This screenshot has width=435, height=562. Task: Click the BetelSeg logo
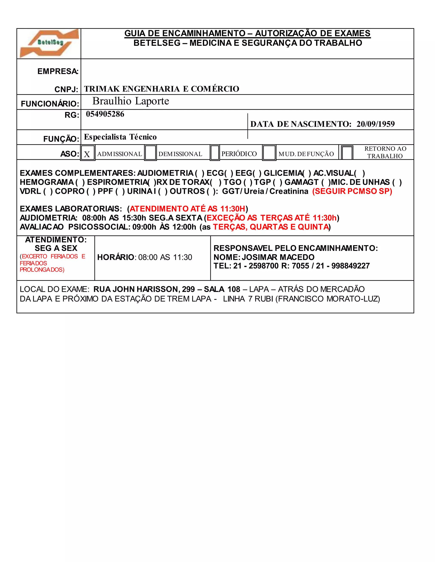(x=49, y=43)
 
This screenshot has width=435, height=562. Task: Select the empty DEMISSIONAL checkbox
(x=151, y=153)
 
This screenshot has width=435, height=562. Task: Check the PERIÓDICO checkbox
(x=215, y=153)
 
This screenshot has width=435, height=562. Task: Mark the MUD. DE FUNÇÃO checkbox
(x=269, y=153)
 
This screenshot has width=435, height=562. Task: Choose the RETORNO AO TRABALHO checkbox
(x=347, y=153)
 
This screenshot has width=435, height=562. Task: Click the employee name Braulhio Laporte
(x=131, y=101)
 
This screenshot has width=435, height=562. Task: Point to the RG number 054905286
(x=105, y=114)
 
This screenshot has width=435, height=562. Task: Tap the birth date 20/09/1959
(x=376, y=124)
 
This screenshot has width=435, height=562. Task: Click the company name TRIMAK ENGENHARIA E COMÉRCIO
(x=162, y=89)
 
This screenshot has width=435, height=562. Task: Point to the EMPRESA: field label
(x=58, y=71)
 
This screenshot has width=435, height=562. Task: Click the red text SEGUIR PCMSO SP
(x=352, y=191)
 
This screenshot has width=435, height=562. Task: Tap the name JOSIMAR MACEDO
(x=278, y=257)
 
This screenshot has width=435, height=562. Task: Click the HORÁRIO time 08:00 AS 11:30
(x=165, y=257)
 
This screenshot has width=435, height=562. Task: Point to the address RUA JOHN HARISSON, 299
(x=144, y=289)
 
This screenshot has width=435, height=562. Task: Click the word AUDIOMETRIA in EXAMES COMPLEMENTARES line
(x=165, y=173)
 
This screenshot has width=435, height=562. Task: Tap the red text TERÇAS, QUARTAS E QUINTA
(x=271, y=227)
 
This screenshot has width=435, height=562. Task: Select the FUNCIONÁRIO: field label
(x=50, y=104)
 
